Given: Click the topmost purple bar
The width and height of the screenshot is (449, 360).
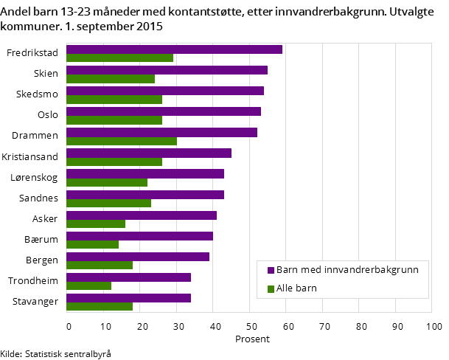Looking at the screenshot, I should [x=174, y=49].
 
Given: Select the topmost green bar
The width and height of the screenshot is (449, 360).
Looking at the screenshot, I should [x=119, y=58].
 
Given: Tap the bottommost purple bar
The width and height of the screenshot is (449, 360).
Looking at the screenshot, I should [x=128, y=298].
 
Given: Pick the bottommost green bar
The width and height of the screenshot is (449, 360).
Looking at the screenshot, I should [x=100, y=307].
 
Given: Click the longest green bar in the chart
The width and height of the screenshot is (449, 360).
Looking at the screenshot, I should [x=122, y=141].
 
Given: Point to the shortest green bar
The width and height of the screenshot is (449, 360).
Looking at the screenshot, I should [x=88, y=286].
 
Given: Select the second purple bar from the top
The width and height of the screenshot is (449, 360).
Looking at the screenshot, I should [x=167, y=70].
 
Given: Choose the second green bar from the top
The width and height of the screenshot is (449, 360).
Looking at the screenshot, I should [x=111, y=79].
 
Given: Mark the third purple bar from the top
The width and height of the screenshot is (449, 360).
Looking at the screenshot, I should [x=165, y=91].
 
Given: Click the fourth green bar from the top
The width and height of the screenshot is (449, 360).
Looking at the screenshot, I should [x=114, y=120].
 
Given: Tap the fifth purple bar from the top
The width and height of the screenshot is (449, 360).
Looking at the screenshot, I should [x=161, y=132].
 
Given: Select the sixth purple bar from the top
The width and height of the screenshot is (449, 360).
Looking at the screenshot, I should [x=149, y=153].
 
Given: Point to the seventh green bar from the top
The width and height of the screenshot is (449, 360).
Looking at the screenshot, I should [x=107, y=182].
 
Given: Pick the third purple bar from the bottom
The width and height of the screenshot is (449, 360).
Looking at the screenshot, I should [x=138, y=257].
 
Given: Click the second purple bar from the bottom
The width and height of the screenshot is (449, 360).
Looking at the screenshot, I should [x=128, y=277].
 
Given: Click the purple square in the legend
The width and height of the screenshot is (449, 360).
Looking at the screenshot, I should [x=271, y=270].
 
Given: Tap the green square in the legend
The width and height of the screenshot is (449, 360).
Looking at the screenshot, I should [x=271, y=288].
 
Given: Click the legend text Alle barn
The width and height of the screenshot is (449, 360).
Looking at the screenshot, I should [x=296, y=288].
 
